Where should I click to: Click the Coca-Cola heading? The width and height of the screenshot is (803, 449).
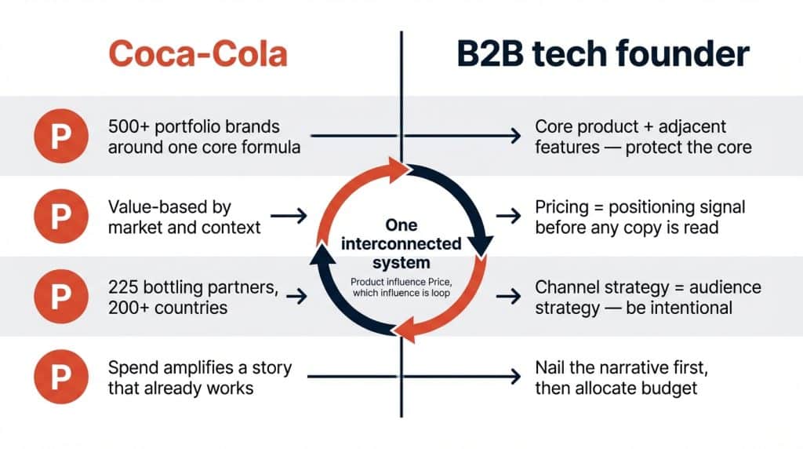(198, 53)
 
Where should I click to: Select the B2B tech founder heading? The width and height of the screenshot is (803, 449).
(603, 53)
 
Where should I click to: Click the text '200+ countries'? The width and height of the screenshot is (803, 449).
(169, 307)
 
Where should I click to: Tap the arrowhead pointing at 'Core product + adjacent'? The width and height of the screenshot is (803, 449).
(514, 136)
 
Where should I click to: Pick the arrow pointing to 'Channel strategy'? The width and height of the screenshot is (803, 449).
(509, 297)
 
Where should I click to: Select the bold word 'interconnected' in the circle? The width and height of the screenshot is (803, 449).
(401, 244)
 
